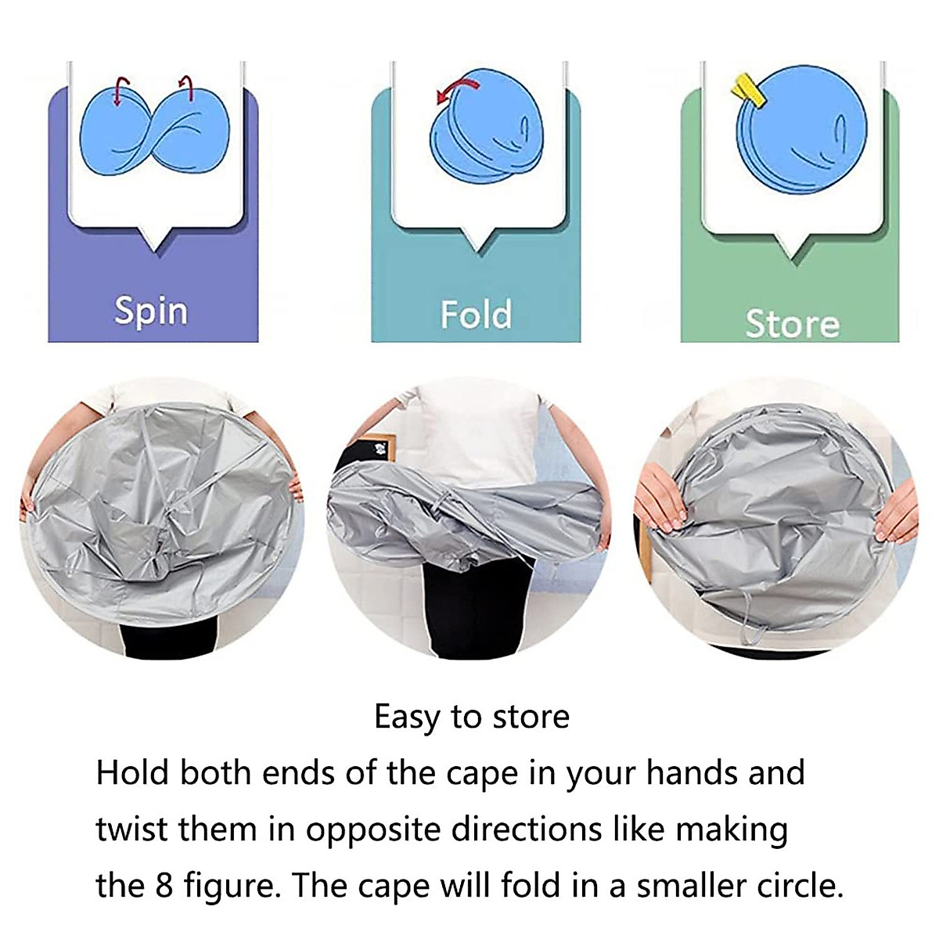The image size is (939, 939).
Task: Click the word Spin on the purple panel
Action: click(151, 311)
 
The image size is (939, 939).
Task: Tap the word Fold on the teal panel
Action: click(476, 315)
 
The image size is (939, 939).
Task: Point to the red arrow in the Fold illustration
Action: click(452, 88)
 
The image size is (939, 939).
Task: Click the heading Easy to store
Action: click(471, 717)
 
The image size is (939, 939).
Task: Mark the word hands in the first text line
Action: click(692, 773)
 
